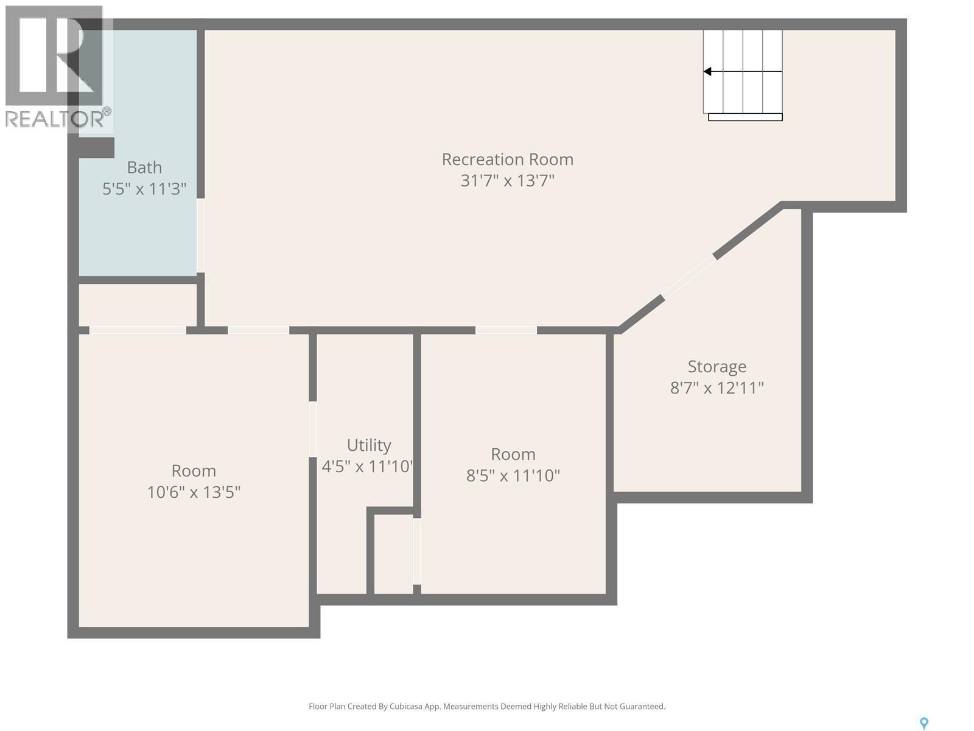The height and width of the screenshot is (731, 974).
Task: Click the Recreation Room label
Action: coord(507,160)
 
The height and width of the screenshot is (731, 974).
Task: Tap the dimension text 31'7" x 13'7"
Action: coord(507,181)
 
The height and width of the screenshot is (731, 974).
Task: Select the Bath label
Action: coord(144,168)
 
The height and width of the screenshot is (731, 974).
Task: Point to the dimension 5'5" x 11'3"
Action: coord(144,189)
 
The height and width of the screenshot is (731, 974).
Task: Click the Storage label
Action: coord(716,367)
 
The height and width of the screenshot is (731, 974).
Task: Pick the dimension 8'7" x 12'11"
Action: coord(716,388)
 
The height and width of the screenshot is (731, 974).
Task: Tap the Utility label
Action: coord(369,445)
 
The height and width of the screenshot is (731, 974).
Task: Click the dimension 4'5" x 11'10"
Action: coord(368,467)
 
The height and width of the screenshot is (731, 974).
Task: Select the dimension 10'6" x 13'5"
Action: coord(194,492)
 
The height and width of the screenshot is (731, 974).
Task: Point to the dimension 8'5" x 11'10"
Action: coord(513,476)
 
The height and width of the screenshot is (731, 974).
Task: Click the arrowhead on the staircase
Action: coord(707,72)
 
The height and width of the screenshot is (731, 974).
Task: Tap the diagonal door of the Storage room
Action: coord(689,277)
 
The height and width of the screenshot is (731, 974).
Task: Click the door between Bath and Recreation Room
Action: coord(200,236)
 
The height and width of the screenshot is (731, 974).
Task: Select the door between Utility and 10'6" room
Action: coord(312,429)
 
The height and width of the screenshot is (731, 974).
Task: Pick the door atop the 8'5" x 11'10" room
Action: coord(505,330)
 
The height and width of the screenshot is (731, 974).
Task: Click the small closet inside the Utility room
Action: coord(393,554)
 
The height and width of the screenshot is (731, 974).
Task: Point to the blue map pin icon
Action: coord(923,723)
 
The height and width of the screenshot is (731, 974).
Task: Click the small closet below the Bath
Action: coord(138,305)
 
